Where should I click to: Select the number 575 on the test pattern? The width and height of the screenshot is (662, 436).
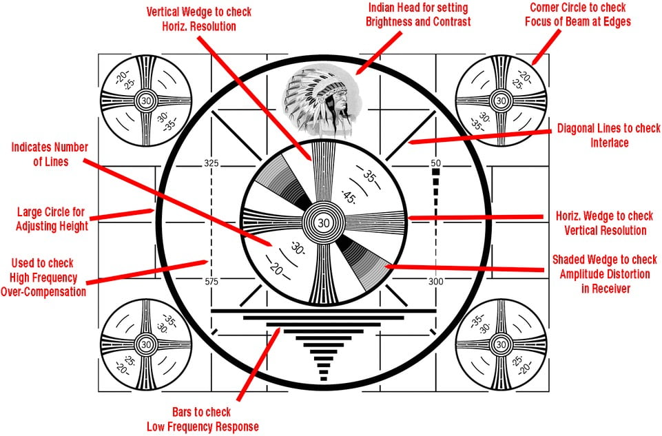(x=211, y=282)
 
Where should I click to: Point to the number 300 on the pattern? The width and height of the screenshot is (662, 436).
(x=435, y=282)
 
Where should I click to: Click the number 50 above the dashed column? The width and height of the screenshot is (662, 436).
(x=435, y=163)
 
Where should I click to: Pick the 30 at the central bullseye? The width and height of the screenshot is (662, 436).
(x=324, y=222)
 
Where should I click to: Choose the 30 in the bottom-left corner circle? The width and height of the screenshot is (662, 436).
(x=145, y=343)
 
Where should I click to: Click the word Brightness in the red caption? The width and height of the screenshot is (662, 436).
(x=394, y=21)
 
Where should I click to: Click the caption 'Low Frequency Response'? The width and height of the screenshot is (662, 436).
(x=203, y=426)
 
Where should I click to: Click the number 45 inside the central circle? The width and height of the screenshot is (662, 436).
(x=348, y=196)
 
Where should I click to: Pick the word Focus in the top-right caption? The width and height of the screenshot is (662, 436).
(x=544, y=21)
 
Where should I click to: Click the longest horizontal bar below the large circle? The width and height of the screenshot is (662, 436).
(x=323, y=311)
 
